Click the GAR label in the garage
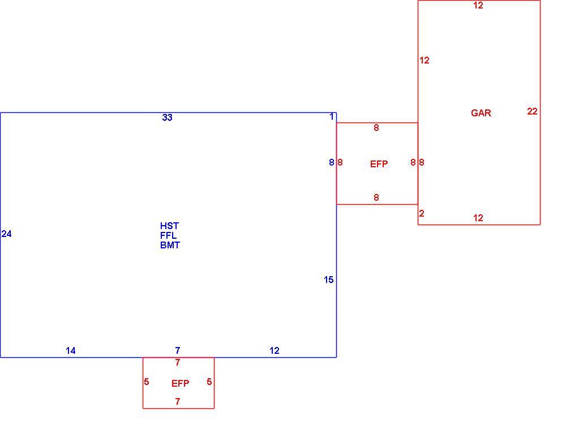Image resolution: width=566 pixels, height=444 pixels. click(x=481, y=113)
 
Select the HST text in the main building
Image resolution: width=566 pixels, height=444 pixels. click(x=169, y=226)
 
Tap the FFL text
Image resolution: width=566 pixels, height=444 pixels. click(x=169, y=235)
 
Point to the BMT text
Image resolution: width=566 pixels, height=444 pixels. click(x=170, y=245)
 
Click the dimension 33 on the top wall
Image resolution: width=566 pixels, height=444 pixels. click(x=167, y=117)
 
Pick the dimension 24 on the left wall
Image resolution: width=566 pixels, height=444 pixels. click(x=6, y=234)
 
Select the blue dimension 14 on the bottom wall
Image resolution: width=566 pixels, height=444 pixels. click(x=70, y=350)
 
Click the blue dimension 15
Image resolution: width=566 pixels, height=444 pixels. click(x=328, y=280)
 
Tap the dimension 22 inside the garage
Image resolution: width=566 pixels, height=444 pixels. click(x=532, y=111)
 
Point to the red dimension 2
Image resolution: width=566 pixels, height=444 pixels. click(x=422, y=213)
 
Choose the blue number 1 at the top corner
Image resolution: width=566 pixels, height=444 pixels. click(x=332, y=117)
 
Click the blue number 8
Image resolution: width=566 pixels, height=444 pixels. click(x=331, y=162)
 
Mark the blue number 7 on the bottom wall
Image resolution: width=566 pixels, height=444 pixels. click(x=178, y=350)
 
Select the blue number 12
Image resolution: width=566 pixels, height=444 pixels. click(x=275, y=350)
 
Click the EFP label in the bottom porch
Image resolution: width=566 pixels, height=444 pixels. click(x=180, y=383)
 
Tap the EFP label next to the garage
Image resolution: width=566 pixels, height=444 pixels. click(x=379, y=164)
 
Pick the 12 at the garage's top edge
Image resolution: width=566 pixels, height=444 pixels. click(x=478, y=6)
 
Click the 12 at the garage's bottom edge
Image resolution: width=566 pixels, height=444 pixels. click(x=478, y=218)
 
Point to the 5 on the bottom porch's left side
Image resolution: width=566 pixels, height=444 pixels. click(x=146, y=382)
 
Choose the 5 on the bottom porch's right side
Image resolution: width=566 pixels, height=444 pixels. click(x=209, y=382)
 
